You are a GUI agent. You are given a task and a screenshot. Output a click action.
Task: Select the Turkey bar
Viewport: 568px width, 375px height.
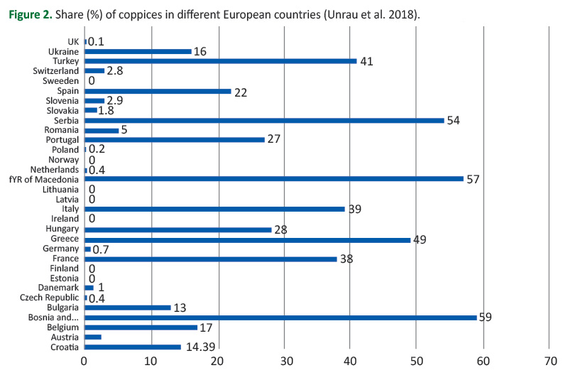coord(220,61)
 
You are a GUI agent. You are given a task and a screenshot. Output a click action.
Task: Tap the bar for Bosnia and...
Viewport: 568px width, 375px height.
coord(280,317)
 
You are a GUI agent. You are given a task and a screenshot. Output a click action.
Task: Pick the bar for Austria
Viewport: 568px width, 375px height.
coord(93,337)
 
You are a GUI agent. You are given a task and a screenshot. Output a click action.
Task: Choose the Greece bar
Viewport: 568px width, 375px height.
coord(247,239)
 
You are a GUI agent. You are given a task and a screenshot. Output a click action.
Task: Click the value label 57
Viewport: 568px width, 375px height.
coord(474,179)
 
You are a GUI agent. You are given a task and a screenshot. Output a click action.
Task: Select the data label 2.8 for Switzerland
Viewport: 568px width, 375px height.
coord(116,72)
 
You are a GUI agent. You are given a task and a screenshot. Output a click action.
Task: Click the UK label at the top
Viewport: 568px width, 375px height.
coord(72,42)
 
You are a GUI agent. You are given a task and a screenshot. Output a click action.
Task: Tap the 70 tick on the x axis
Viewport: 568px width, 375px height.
coord(550,361)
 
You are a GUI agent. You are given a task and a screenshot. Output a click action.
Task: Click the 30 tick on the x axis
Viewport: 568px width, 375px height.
coord(284,361)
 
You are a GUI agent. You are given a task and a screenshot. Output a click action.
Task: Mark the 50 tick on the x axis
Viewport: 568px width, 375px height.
coord(417,361)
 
